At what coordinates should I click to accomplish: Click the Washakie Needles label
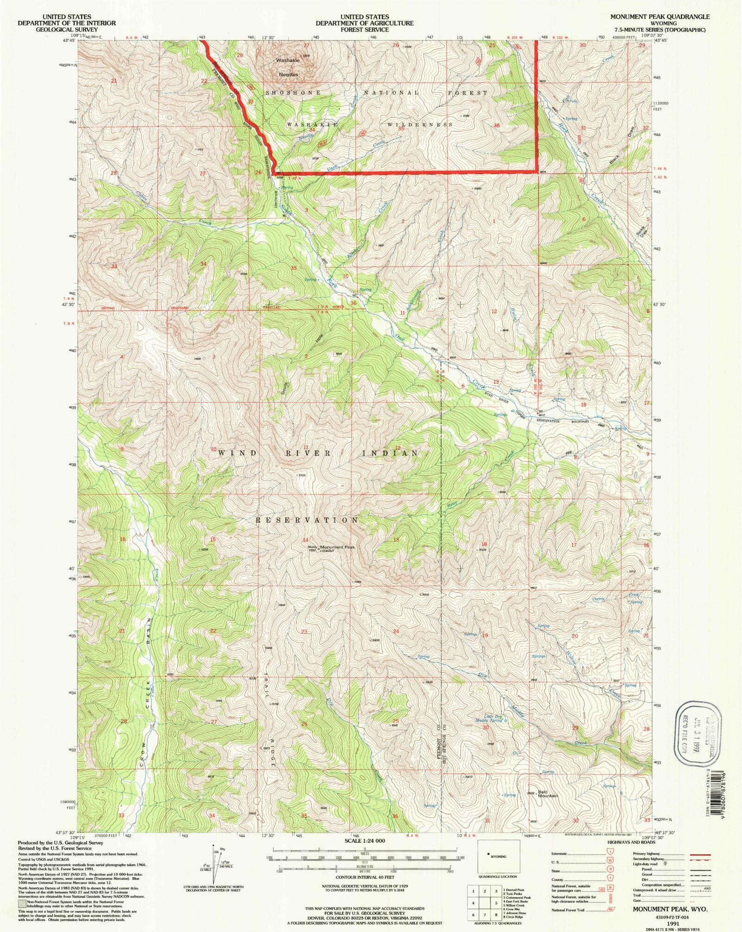coord(288,67)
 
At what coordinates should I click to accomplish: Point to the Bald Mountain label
coord(548,794)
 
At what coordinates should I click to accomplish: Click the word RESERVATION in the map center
coord(307,520)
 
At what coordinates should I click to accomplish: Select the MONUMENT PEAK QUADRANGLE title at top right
coord(659,17)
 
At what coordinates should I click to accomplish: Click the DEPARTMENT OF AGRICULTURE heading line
coord(365,23)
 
